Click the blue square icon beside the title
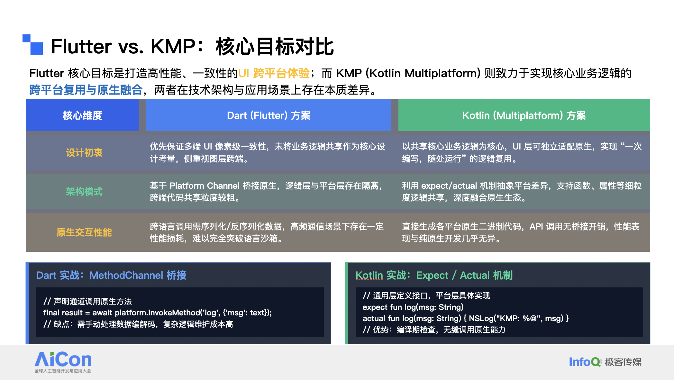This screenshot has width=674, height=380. tap(33, 44)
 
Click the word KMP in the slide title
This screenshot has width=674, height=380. tap(173, 46)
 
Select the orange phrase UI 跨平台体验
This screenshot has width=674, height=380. tap(274, 73)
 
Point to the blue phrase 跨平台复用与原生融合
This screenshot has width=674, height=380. tap(86, 90)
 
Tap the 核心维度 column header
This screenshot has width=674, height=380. tap(83, 115)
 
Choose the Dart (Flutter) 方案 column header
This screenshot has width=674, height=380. tap(269, 115)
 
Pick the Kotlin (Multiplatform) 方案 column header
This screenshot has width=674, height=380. tap(524, 115)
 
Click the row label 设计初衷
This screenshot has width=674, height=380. tap(84, 153)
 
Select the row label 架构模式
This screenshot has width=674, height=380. tap(84, 192)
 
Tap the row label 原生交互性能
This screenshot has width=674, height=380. tap(84, 232)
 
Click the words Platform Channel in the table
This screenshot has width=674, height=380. tap(205, 186)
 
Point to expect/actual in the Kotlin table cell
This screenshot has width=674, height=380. tap(449, 186)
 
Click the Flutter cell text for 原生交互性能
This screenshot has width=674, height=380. tap(267, 232)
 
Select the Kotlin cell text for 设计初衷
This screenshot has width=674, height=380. tap(522, 153)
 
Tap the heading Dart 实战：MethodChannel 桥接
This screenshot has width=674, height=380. tap(111, 275)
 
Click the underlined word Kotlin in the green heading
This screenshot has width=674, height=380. tap(369, 276)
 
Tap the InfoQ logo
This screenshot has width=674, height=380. tap(585, 362)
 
